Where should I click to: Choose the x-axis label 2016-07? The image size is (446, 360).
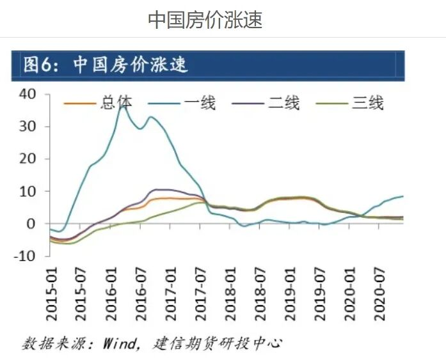point(141,288)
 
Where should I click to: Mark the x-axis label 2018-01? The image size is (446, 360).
point(230,288)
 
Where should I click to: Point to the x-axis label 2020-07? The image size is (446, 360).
point(378,288)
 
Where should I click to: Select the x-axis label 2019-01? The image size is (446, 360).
point(289,288)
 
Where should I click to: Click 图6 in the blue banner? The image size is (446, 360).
point(38,65)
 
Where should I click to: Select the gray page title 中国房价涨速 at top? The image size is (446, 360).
point(205,19)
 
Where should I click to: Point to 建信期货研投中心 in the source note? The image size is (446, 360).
point(218,343)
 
